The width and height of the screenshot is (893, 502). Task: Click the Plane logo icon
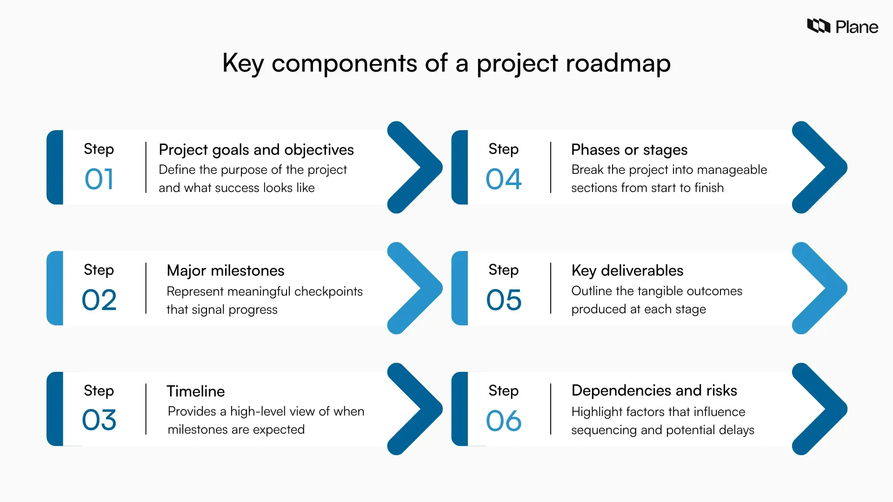tap(818, 26)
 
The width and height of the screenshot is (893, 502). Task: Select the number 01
tap(99, 179)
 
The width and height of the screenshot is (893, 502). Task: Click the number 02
tap(99, 300)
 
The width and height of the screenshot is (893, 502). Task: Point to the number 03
tap(99, 420)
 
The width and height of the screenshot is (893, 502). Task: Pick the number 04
tap(504, 179)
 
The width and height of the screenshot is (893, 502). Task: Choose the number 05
tap(504, 300)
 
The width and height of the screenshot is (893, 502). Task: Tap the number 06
tap(504, 421)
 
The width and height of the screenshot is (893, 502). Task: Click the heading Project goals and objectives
tap(256, 150)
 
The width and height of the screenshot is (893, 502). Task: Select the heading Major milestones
tap(225, 271)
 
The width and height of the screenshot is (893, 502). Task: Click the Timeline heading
tap(195, 391)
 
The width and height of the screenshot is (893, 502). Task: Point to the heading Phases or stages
tap(629, 150)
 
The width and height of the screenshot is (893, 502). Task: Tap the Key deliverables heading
tap(627, 271)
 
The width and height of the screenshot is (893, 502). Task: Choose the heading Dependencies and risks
tap(654, 390)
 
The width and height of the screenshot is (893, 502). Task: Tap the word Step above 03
tap(99, 390)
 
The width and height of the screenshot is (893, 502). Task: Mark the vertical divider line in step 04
tap(551, 167)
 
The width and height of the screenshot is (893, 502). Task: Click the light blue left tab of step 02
tap(55, 288)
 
